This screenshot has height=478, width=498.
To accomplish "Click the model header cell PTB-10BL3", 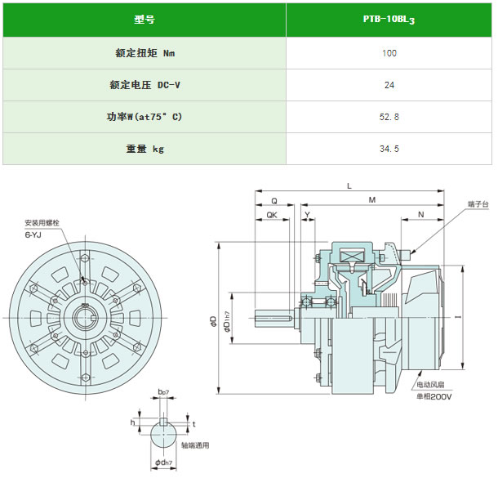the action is (x=389, y=20).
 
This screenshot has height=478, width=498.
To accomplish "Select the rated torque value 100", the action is (x=389, y=53).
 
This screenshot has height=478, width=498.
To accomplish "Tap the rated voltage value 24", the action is (x=389, y=85).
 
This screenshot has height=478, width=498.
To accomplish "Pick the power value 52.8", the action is (x=389, y=117).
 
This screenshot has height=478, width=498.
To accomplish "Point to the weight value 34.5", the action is (x=389, y=149).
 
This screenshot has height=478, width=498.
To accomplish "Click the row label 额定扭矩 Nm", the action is (x=145, y=53).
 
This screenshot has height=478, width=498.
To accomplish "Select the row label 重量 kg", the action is (x=145, y=149).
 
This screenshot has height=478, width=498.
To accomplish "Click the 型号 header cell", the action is (x=145, y=20).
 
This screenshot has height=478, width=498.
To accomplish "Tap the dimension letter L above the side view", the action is (x=349, y=186).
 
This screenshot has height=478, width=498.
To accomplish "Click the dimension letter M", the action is (x=372, y=200).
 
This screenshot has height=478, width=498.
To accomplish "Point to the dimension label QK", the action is (x=272, y=215).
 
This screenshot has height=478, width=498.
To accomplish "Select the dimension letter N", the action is (x=420, y=215).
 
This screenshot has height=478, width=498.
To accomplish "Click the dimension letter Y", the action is (x=308, y=215).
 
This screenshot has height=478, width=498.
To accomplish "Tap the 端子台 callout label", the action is (x=478, y=204).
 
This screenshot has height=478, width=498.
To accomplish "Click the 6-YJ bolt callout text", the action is (x=33, y=235).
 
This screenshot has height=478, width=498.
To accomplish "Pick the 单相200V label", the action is (x=434, y=396).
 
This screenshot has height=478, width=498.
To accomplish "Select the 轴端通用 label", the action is (x=195, y=445).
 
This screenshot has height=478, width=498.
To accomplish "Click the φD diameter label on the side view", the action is (x=214, y=320).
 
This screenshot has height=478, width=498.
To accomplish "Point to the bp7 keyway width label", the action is (x=163, y=392).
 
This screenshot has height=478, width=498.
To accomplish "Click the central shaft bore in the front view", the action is (x=85, y=318).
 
